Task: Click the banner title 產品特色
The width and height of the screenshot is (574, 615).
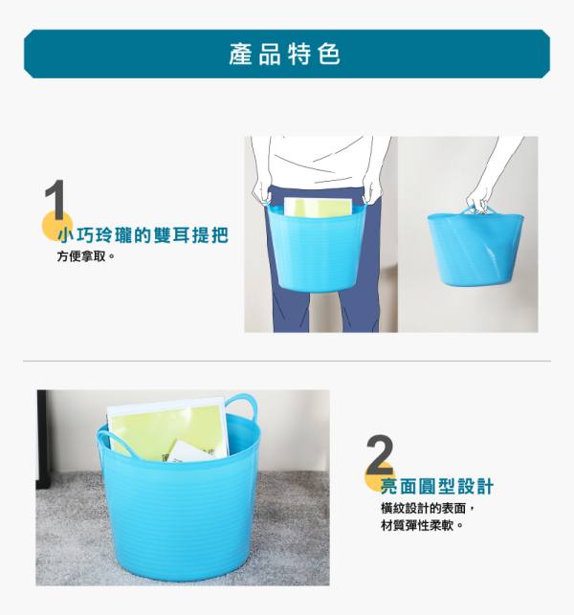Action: click(x=285, y=54)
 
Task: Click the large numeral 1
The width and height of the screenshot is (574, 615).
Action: click(x=55, y=199)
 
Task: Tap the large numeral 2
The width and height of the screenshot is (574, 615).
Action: click(x=380, y=454)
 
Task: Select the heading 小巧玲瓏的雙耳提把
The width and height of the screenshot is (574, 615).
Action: click(x=143, y=235)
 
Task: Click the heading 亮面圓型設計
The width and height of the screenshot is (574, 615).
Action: click(x=437, y=486)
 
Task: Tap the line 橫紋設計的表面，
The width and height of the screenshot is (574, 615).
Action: click(x=428, y=508)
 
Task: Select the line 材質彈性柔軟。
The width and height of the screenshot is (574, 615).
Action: click(x=422, y=525)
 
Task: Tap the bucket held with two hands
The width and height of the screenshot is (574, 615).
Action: click(x=317, y=247)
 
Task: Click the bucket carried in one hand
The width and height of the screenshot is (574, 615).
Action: click(x=475, y=247)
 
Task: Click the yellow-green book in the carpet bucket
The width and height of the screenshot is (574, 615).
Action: click(x=167, y=429)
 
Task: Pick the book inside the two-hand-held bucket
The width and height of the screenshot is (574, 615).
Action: click(x=318, y=207)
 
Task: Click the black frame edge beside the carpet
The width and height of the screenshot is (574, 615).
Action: click(x=41, y=439)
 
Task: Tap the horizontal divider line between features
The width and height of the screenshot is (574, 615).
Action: click(x=287, y=361)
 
